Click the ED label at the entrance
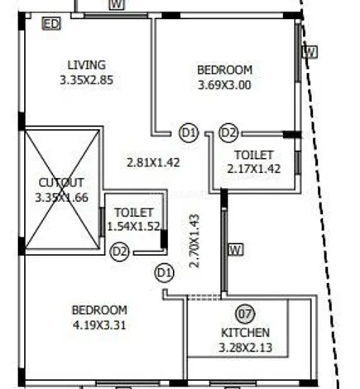pos(50,24)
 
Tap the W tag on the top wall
pos(118,5)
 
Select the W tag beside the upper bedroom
pos(310,51)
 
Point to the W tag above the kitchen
pos(235,248)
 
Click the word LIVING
pos(86,65)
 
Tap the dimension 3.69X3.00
pos(224,84)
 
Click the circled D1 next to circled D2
pos(189,132)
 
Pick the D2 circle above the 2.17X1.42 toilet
pos(228,132)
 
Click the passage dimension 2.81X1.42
pos(152,162)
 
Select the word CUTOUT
pos(62,182)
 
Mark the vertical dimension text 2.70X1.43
pos(195,240)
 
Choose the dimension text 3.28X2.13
pos(244,347)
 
